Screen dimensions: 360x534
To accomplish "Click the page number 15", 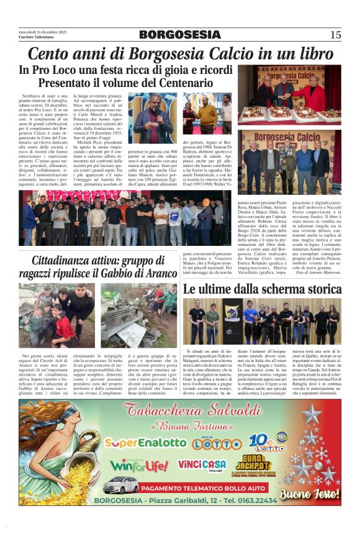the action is pyautogui.click(x=335, y=35).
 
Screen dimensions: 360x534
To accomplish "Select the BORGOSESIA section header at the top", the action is pyautogui.click(x=179, y=35).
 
